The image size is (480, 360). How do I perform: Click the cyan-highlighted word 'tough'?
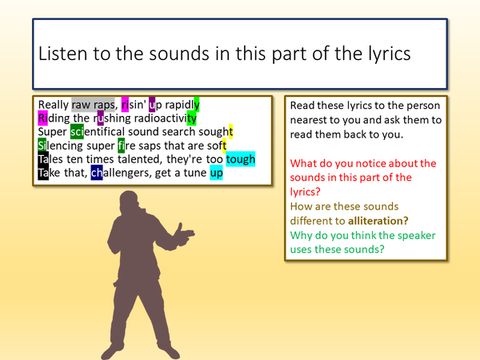[240, 158]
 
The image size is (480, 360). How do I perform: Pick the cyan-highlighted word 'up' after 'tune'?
[216, 172]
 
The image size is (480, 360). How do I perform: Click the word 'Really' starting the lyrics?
[53, 105]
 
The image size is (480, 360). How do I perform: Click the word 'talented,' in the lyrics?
[146, 158]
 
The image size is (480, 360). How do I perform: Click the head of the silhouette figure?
[130, 202]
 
